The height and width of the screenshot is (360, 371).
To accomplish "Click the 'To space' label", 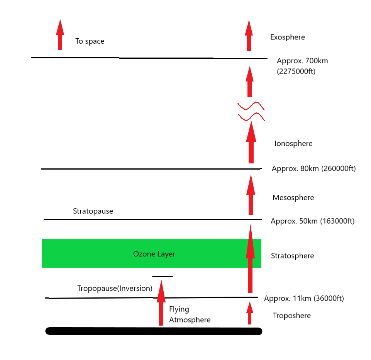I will coord(90,41).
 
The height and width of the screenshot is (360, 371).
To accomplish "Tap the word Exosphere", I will coord(288,37).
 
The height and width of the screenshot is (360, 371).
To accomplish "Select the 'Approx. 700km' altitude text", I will coord(302,61).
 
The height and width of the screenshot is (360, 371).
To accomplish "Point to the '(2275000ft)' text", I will coord(296,71).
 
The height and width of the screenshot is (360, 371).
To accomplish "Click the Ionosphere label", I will coord(293,144).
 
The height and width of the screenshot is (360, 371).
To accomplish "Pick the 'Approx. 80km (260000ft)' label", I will coord(313,169).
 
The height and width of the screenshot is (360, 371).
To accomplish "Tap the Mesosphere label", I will coord(293,198).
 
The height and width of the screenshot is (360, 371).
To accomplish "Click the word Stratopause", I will coord(93,211).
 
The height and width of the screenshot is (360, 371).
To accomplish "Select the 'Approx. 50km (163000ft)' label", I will coord(312,221).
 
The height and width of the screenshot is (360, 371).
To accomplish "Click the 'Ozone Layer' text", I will coord(154,254).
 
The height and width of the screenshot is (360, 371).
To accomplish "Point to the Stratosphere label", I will coord(293,256).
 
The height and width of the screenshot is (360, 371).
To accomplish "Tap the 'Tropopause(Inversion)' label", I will coord(115,289).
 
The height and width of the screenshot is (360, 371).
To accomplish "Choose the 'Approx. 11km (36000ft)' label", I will coord(304,299).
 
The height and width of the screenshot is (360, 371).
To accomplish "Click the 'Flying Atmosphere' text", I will coord(190,314).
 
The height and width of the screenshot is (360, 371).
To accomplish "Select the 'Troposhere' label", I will coord(292,316).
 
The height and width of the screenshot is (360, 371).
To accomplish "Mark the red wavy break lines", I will coord(251,111).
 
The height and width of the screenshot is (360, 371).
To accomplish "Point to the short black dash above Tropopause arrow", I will coord(163,277).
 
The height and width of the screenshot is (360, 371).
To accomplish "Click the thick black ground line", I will coord(154,331).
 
